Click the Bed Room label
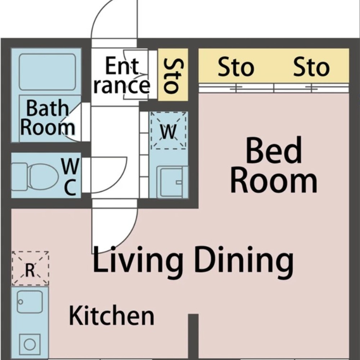[274, 165]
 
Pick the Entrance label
[122, 75]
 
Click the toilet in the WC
[35, 176]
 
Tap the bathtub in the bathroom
[47, 72]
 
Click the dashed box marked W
[168, 130]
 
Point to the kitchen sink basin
[30, 302]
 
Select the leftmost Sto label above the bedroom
[236, 67]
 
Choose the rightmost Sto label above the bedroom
[311, 67]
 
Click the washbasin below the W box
[171, 182]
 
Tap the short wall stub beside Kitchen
[193, 337]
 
